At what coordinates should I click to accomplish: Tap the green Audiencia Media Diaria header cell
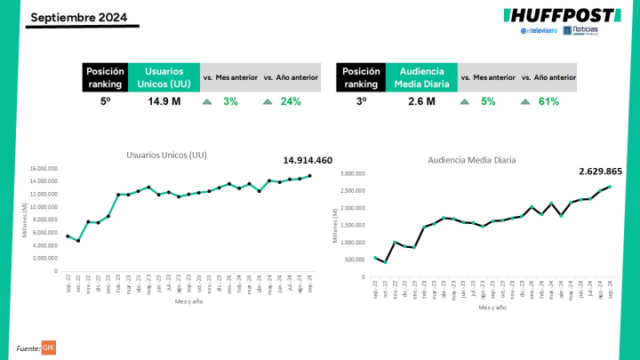point(422,76)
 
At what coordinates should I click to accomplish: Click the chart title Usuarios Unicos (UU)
point(167,155)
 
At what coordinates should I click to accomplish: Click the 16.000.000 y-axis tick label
point(44,168)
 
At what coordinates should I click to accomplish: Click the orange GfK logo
point(49,347)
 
